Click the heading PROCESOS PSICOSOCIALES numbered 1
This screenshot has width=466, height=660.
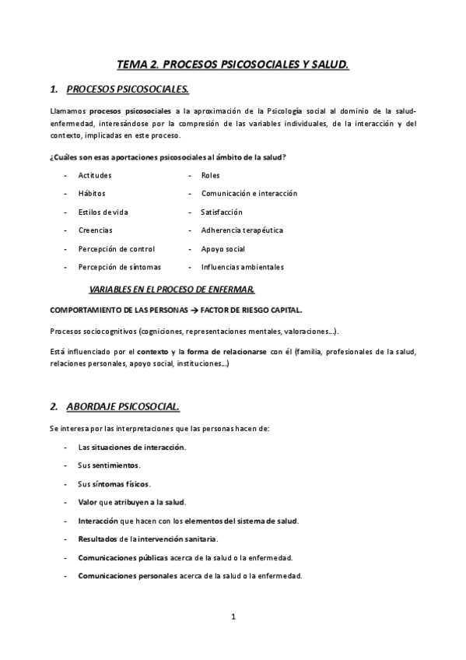click(128, 90)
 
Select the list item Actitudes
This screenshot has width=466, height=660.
click(95, 175)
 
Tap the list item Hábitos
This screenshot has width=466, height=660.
click(92, 193)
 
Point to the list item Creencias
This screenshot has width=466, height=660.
click(95, 230)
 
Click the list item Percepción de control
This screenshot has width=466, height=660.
click(116, 249)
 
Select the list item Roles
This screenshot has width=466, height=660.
click(210, 175)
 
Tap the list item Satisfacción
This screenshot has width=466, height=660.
click(222, 212)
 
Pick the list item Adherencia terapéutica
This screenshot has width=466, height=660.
click(241, 230)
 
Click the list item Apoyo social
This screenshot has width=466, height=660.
click(222, 249)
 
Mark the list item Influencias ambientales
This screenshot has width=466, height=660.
click(242, 267)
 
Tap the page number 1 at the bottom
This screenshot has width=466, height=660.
click(233, 617)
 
